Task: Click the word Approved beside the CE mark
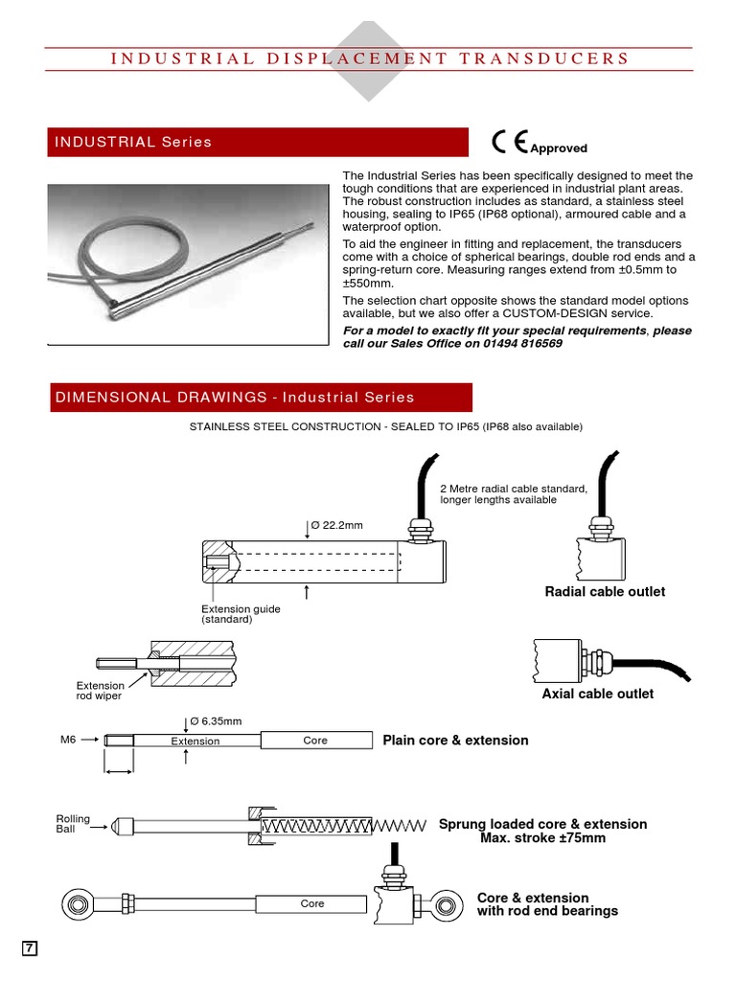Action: pos(559,148)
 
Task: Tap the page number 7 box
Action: pos(30,948)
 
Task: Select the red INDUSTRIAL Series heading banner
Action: pos(259,142)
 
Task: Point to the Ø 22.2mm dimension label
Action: pos(336,525)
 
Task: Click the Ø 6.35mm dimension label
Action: pos(216,720)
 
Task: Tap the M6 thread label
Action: pos(68,741)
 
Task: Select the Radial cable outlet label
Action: pos(605,592)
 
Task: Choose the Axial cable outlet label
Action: pos(598,694)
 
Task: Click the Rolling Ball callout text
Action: pos(73,824)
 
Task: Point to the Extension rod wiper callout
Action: pos(100,691)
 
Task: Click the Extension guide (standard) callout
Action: pos(241,614)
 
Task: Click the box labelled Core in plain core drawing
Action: pos(315,741)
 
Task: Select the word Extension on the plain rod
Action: pos(195,741)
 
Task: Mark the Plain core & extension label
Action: pos(455,741)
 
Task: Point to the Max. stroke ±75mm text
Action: pos(542,838)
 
